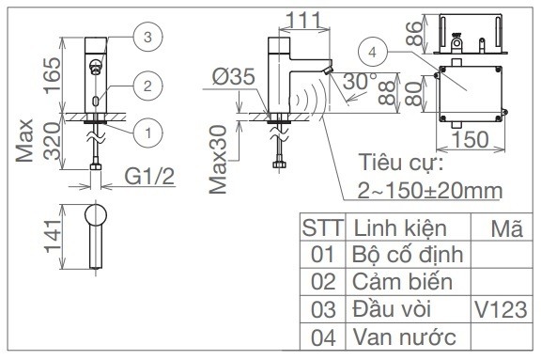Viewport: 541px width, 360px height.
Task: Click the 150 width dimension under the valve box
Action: (468, 139)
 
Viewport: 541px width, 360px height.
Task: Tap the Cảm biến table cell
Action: (401, 281)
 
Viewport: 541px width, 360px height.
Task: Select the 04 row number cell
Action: (323, 336)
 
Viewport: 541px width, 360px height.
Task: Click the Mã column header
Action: (505, 228)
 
